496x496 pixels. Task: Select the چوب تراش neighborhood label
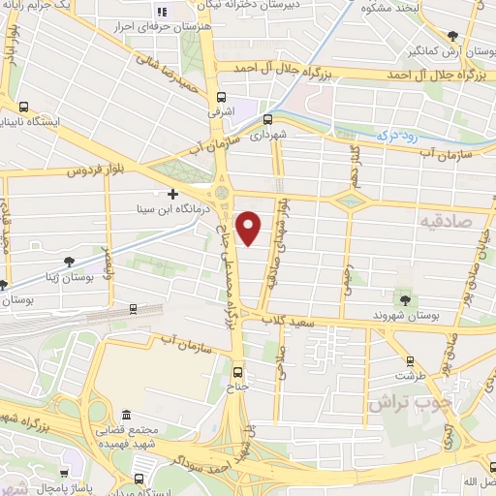[397, 402]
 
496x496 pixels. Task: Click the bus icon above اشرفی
[222, 97]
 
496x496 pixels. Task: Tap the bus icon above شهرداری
[267, 119]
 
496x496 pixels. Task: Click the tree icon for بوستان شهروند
[406, 298]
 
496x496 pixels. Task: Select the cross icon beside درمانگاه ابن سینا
[172, 194]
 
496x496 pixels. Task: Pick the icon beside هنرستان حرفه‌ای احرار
[162, 12]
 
